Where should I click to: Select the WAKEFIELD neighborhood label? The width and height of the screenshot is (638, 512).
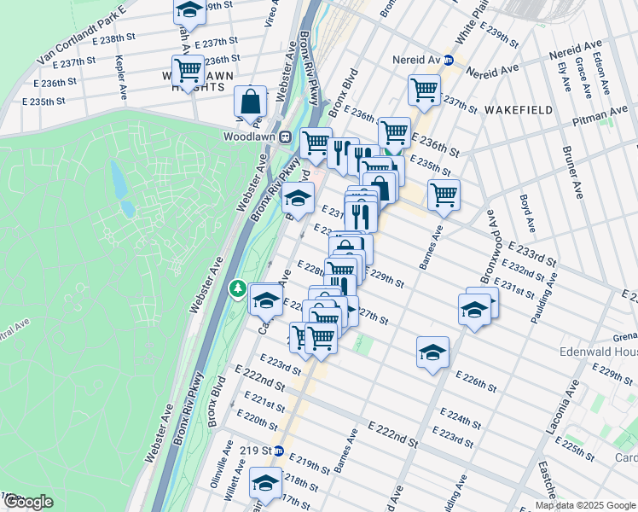tap(518, 110)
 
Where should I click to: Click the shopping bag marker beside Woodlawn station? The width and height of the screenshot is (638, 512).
tap(252, 102)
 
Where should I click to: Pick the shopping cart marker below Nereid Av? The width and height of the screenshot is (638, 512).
tap(424, 90)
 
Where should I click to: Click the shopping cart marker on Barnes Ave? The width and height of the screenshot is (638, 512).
tap(444, 195)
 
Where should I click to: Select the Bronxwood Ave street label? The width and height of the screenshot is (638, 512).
tap(489, 247)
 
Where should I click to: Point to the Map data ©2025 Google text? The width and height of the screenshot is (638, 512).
tap(585, 505)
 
